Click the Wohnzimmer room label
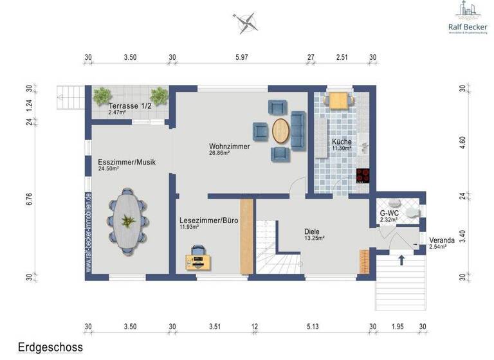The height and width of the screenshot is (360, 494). [x=229, y=147]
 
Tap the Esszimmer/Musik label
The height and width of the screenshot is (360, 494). [x=127, y=162]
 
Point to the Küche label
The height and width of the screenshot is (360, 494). [x=342, y=141]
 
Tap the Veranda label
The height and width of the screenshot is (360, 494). [x=442, y=240]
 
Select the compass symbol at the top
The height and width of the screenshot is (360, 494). [x=245, y=23]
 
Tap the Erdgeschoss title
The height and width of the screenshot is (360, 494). [x=50, y=347]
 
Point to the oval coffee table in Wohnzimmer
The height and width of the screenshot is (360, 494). [x=281, y=131]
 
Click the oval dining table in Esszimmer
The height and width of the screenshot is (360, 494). [x=127, y=221]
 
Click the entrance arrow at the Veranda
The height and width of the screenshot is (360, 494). [x=401, y=260]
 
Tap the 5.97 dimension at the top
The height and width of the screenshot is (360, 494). [x=242, y=58]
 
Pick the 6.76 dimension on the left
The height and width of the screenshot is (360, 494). [x=29, y=199]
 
